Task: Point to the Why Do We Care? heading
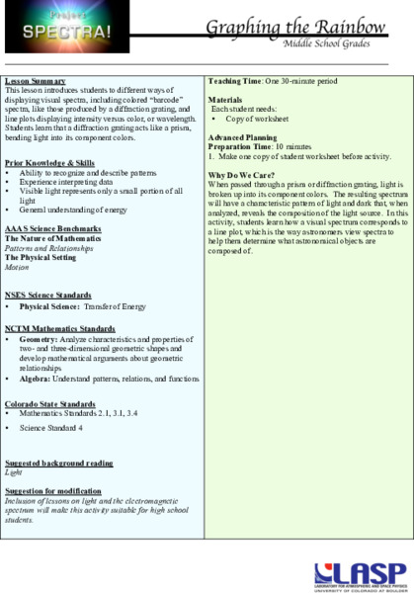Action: pyautogui.click(x=240, y=174)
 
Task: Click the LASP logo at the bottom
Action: pyautogui.click(x=360, y=573)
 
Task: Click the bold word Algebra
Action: pyautogui.click(x=36, y=378)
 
